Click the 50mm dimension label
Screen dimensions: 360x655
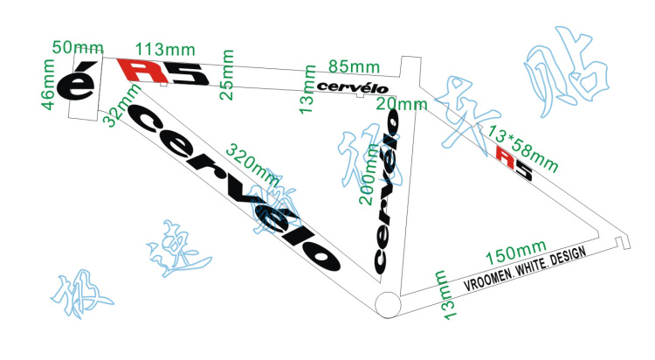(76, 46)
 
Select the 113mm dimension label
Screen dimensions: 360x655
(165, 50)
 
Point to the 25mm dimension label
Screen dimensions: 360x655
(226, 77)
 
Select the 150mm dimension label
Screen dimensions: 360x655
(515, 254)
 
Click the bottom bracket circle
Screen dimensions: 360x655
(387, 303)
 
